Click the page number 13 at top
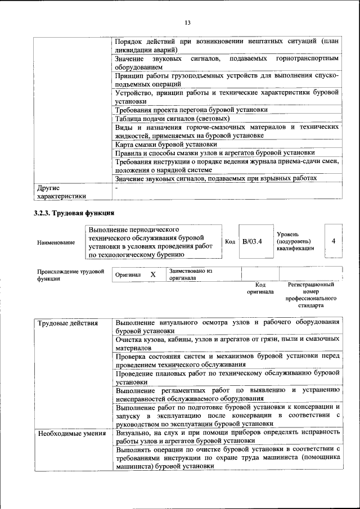tap(187, 22)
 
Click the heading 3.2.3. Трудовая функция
tap(74, 213)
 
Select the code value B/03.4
tap(253, 241)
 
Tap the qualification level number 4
tap(334, 241)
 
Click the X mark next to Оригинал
tap(152, 274)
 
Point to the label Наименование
tap(56, 242)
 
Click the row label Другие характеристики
tap(61, 192)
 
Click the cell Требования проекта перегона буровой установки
tap(191, 110)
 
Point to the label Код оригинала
tap(260, 289)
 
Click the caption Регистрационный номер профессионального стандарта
tap(310, 296)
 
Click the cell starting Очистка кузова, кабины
tap(227, 344)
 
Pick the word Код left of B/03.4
tap(229, 241)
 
